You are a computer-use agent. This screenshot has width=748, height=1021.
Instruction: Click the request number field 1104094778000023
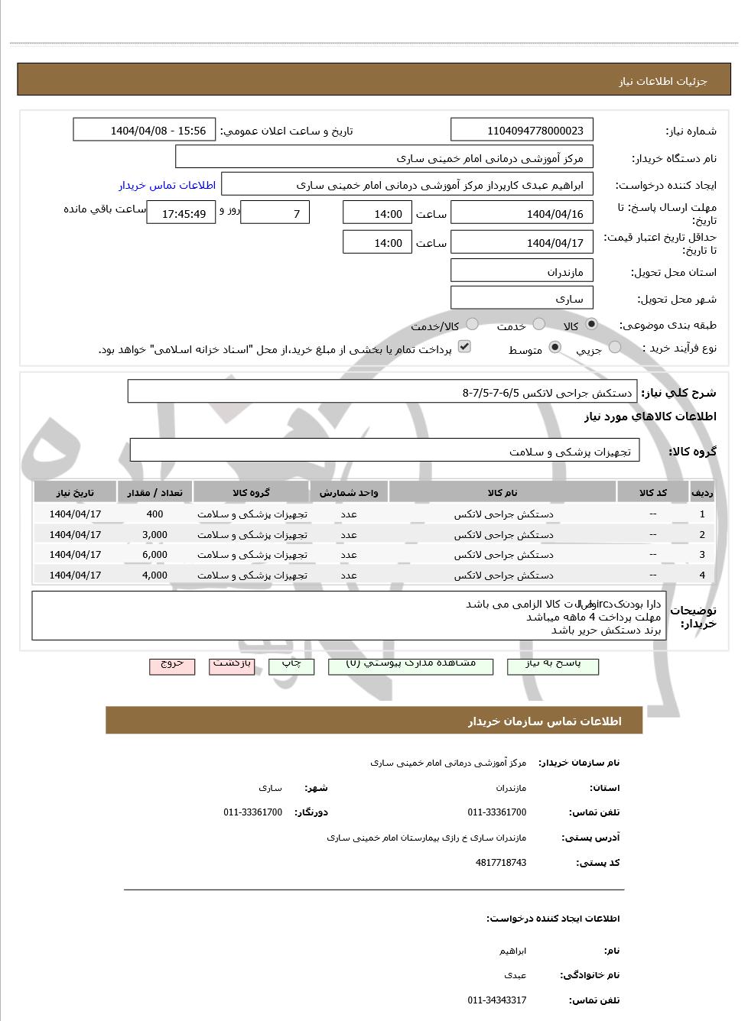(522, 131)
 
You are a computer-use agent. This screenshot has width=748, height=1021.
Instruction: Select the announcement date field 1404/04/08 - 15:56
(145, 131)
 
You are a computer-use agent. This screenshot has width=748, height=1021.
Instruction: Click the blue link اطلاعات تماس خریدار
(167, 185)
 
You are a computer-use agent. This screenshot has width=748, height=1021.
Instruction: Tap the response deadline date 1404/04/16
(522, 214)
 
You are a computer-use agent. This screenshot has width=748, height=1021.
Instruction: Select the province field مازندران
(522, 272)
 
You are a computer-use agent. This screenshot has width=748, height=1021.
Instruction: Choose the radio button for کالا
(591, 324)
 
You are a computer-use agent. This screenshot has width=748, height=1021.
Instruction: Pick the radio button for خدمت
(539, 324)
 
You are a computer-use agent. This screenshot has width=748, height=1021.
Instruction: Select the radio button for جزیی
(615, 348)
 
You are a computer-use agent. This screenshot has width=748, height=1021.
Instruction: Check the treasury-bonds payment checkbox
(464, 347)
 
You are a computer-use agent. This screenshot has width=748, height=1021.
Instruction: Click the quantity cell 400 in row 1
(154, 514)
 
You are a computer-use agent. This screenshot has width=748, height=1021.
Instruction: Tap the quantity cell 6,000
(154, 555)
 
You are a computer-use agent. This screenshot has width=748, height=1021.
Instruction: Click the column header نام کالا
(502, 493)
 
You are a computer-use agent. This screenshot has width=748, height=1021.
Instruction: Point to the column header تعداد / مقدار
(154, 493)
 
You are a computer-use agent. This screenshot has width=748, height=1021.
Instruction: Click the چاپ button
(291, 665)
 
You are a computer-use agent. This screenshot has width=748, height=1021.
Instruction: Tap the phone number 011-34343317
(497, 1000)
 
